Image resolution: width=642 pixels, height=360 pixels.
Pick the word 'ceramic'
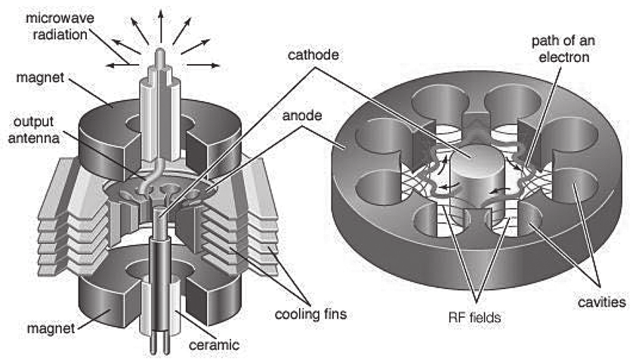pos(218,345)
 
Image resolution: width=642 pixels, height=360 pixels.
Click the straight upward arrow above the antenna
pos(161,19)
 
